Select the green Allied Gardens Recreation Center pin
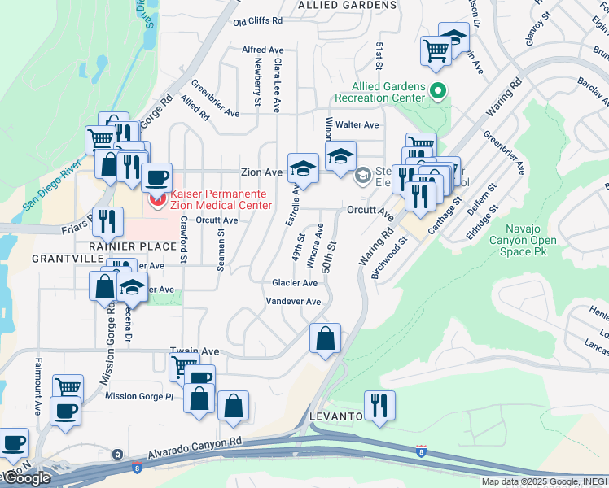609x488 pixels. pos(439,90)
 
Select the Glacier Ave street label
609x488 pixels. pos(295,283)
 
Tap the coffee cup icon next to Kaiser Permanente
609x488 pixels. pos(157,176)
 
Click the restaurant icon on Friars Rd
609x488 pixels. pos(107,220)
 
